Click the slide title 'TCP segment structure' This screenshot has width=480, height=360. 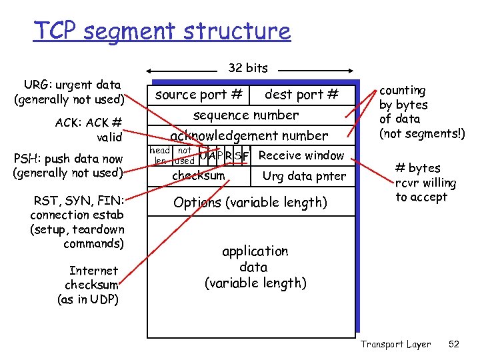162,31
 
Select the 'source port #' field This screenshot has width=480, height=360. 199,95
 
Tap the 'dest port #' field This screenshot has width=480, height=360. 301,95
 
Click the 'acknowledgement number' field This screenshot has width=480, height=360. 249,136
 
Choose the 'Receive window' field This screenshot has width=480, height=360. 301,156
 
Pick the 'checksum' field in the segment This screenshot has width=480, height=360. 199,176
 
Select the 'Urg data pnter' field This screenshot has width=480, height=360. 304,177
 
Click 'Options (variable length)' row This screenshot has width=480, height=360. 250,202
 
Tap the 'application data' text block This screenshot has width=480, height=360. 255,267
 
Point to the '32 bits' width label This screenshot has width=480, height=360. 248,68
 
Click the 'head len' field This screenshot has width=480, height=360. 159,156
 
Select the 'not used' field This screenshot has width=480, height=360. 184,156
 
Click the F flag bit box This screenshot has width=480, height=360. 246,157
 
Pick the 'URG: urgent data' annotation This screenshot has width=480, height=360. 69,92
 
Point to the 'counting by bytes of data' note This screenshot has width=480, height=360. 421,112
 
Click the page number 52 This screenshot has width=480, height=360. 454,344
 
